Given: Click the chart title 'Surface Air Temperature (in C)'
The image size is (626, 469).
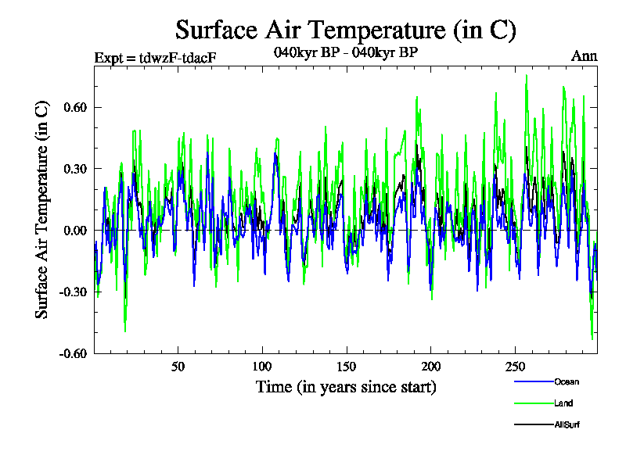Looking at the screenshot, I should click(x=345, y=30).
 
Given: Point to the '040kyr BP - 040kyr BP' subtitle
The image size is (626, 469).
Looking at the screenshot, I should click(x=345, y=53).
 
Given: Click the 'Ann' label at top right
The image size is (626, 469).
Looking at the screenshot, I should click(x=585, y=57).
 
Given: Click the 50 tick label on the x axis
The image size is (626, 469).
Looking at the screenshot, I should click(x=178, y=367).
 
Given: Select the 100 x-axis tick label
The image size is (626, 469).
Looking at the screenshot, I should click(x=262, y=367).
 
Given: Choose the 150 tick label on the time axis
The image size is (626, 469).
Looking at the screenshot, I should click(x=347, y=367).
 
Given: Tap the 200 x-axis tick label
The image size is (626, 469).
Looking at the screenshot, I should click(x=430, y=367).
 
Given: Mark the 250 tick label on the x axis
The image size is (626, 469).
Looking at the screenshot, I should click(x=514, y=367).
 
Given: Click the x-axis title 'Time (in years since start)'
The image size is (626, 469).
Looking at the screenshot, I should click(x=345, y=387).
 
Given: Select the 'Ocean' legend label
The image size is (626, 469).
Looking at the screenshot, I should click(x=567, y=382).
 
